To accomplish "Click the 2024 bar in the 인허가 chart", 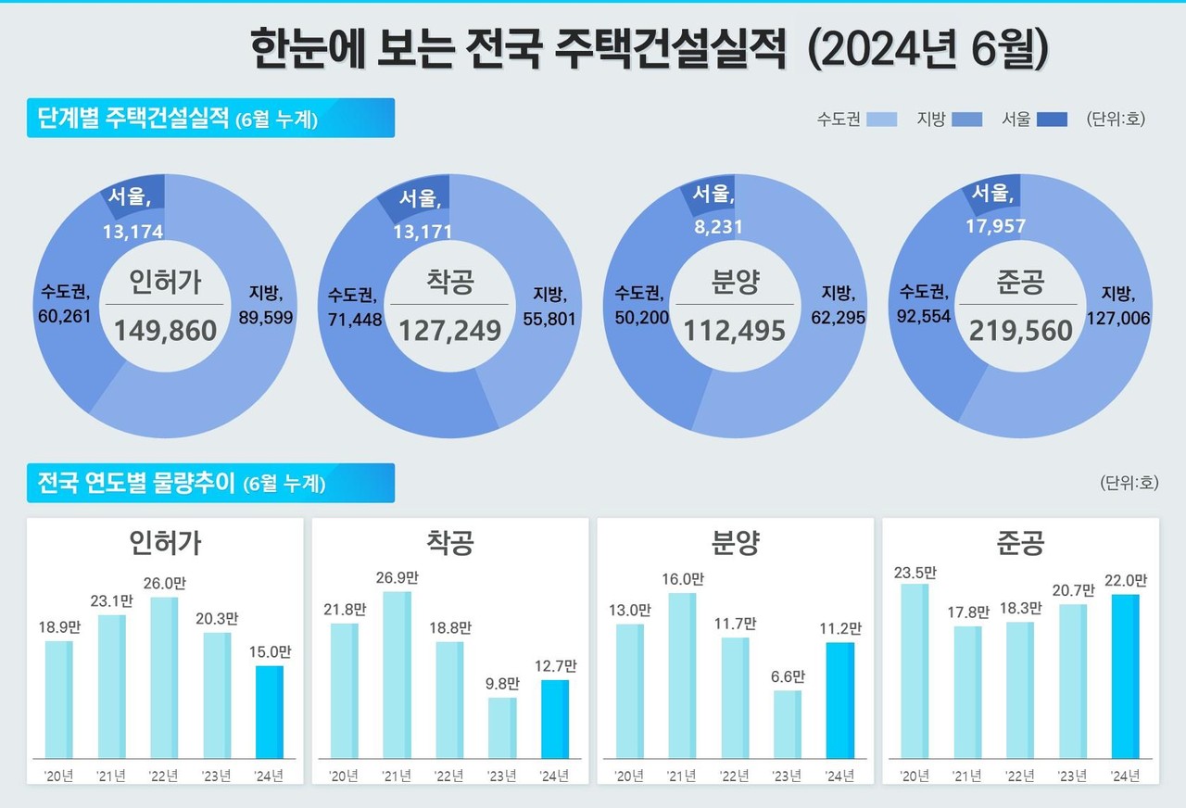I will tap(270, 712).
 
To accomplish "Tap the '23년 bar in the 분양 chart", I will tap(788, 724).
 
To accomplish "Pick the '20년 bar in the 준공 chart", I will tap(915, 671).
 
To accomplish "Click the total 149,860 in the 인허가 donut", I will tap(165, 330).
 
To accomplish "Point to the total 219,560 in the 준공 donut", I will tap(1021, 330).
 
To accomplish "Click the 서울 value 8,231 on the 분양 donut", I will tap(714, 224).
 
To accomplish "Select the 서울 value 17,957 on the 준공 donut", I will tap(996, 224).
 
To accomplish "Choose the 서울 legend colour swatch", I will tap(1052, 120).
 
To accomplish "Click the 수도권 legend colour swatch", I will tap(882, 120).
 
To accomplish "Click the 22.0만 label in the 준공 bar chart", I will tap(1127, 581).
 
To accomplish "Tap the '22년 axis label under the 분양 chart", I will tap(735, 775).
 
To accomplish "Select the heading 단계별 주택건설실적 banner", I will tap(210, 119).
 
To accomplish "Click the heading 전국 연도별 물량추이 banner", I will tap(210, 483).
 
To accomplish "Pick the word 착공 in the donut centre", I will tap(449, 283).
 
